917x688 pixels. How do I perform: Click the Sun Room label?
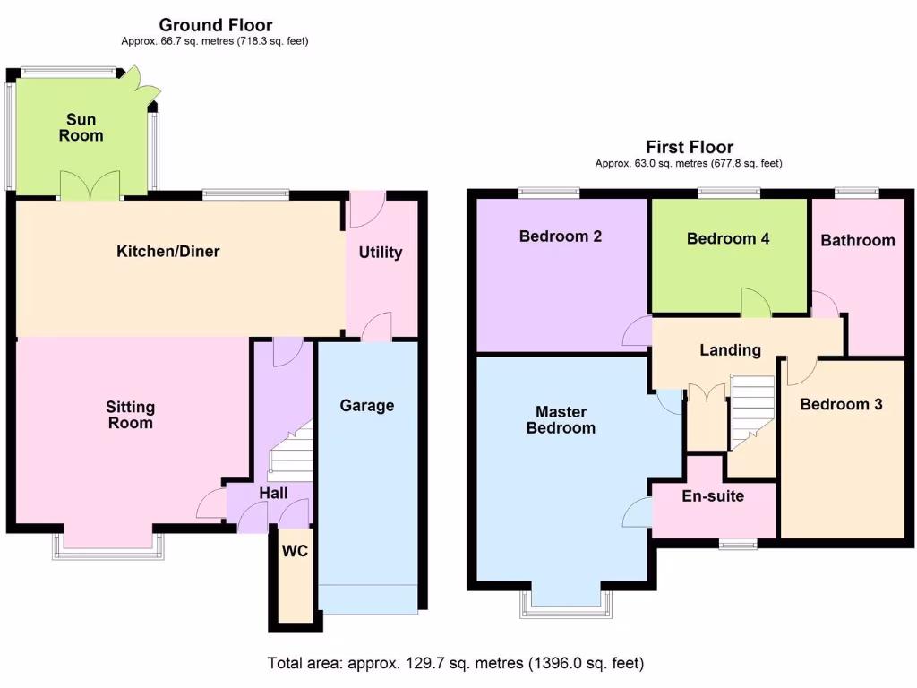coord(81,128)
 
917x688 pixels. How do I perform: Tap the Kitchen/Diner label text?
coord(168,252)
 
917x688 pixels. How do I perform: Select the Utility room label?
coord(381,253)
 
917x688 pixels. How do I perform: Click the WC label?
coord(295,551)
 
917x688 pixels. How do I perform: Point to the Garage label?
coord(367,406)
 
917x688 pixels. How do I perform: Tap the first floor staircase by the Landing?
coord(752,411)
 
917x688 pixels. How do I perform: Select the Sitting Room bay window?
coord(107,545)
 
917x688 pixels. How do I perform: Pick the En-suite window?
coord(738,543)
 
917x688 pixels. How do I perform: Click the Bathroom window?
coord(856,191)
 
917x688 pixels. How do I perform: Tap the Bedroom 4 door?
coord(756,305)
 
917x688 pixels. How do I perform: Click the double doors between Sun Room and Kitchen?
coord(90,185)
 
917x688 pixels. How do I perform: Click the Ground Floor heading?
coord(215,25)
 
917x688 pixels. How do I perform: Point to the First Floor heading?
coord(689,147)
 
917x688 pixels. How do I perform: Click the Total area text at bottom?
coord(455,664)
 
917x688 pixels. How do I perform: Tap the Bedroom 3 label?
coord(841,404)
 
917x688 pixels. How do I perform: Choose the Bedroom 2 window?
coord(549,191)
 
